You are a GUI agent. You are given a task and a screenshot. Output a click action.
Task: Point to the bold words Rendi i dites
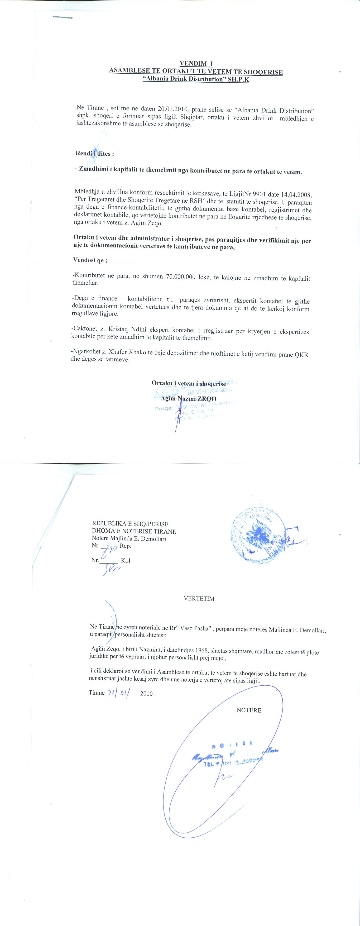[94, 154]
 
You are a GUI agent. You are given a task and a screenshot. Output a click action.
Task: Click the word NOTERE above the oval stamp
[249, 710]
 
